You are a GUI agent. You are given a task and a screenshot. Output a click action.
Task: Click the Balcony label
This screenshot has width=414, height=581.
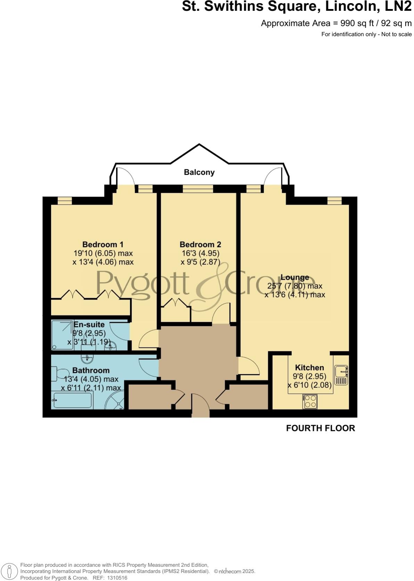coord(199,172)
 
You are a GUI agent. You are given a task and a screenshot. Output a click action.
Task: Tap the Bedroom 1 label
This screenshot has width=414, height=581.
coord(103,245)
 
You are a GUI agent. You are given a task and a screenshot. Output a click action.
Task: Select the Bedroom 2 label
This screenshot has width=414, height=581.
coord(200,245)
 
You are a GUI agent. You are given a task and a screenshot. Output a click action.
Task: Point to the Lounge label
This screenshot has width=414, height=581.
coord(295,277)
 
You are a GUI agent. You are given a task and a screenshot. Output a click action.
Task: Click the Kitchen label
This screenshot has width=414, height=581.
coord(309,368)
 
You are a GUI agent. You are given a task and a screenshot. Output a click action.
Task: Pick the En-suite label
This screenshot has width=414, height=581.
coord(89,325)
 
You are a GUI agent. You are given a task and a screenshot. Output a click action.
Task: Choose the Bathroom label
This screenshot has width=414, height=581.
coord(91,370)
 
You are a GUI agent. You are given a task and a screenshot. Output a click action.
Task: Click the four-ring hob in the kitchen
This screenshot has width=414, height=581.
coord(310,402)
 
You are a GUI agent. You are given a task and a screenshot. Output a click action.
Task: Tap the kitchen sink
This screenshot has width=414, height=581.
coord(341,375)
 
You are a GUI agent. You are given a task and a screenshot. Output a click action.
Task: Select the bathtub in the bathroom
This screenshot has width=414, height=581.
coord(72,400)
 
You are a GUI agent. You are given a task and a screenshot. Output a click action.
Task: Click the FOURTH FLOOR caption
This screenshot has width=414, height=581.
coord(320,428)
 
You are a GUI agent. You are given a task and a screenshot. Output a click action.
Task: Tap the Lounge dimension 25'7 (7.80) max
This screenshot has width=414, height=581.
coord(295,286)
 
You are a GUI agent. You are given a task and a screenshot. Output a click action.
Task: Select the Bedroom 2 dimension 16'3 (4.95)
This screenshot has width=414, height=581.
coord(200,253)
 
